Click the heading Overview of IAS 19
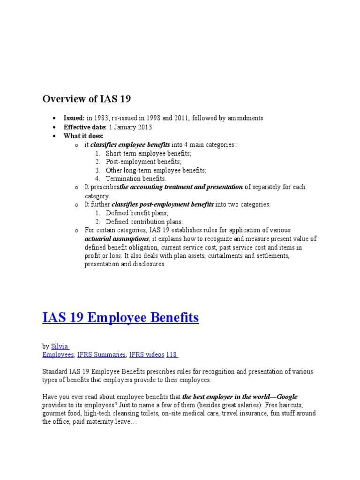pos(87,99)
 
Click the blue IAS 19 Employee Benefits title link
pos(120,318)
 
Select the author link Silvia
pos(60,346)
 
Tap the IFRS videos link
pos(147,355)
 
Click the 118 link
pos(172,355)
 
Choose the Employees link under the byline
pos(58,355)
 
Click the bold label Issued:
pos(74,118)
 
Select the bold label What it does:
pos(83,136)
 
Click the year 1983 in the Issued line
pos(100,118)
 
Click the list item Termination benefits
pos(136,179)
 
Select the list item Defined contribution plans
pos(144,222)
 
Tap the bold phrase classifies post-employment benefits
pos(162,204)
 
